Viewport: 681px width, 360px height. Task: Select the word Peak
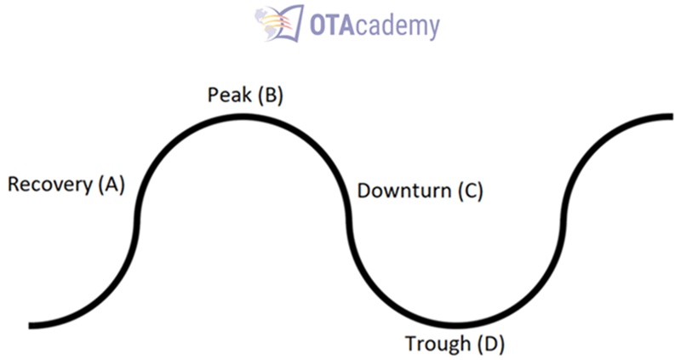tap(228, 94)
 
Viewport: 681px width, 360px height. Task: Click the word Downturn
tap(403, 191)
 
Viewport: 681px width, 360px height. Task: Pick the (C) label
tap(469, 191)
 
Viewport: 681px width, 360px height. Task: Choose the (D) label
tap(491, 344)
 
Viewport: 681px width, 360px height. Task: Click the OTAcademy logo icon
tap(280, 23)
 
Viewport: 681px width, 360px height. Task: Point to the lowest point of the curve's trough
tap(455, 324)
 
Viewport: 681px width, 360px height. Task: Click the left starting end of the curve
tap(31, 324)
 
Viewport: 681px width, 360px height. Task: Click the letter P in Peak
tap(214, 94)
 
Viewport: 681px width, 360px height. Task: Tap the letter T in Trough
tap(410, 344)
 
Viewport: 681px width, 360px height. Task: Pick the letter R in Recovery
tap(14, 184)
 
